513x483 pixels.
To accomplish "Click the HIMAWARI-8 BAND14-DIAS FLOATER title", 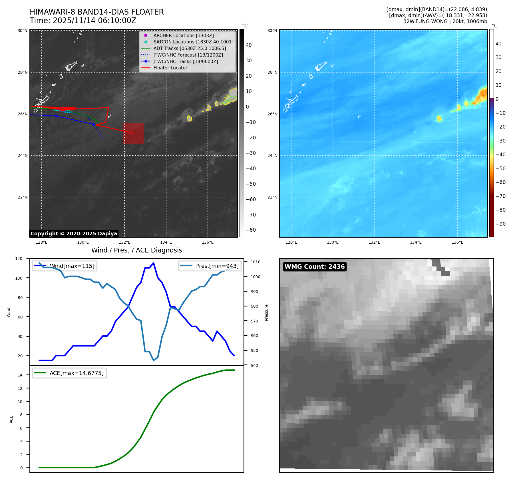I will coord(96,12).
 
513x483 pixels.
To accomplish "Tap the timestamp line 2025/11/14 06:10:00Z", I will coord(83,21).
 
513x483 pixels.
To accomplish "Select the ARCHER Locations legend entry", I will coord(183,35).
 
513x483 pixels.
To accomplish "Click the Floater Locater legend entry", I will coord(170,68).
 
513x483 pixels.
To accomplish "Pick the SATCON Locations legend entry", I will coord(193,42).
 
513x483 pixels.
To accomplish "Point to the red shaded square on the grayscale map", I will coord(133,133).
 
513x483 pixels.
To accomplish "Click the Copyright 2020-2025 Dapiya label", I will coord(74,234).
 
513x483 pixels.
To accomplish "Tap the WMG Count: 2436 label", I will coord(315,267).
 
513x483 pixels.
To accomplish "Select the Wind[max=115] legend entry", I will coord(72,266).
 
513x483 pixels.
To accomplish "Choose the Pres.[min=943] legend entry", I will coord(217,266).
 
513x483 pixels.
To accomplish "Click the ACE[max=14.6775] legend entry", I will coord(77,373).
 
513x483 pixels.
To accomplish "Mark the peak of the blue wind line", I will coord(154,263).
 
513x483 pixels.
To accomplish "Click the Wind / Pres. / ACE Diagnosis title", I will coord(136,250).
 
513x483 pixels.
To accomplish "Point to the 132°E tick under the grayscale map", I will coord(124,242).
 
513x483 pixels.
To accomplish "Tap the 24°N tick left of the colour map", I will coord(272,155).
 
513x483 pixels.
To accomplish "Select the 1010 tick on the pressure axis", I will coord(255,262).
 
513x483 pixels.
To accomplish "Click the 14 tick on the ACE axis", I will coord(20,375).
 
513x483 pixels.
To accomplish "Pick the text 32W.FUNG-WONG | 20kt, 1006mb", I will coord(445,21).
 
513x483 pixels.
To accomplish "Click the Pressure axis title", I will coord(266,312).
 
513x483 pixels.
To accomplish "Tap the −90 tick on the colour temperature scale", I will coord(500,224).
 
